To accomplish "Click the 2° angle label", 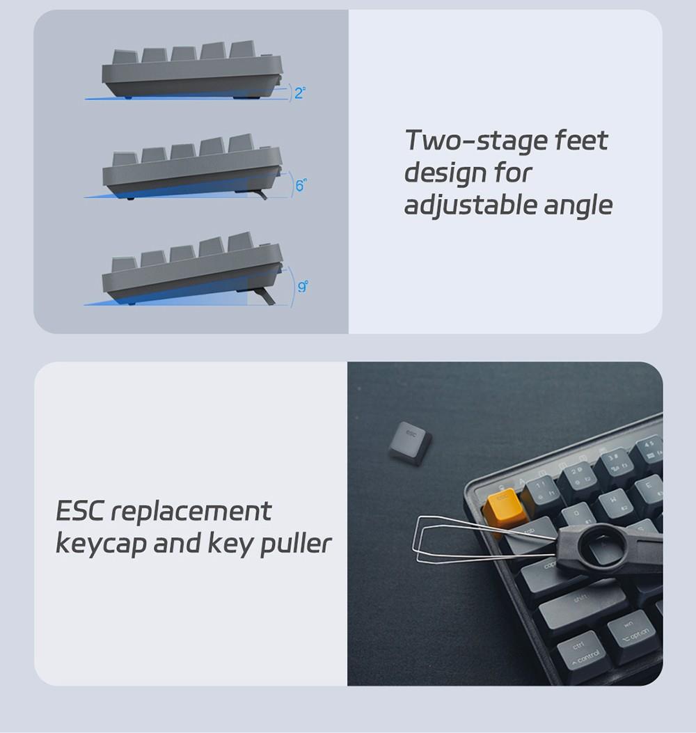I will click(x=299, y=93).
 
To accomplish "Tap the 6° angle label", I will click(x=301, y=185).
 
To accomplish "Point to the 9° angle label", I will click(x=302, y=286).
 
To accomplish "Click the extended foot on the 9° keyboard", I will click(x=265, y=297).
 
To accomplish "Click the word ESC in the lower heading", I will click(x=79, y=511).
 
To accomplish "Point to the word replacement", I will click(x=191, y=512).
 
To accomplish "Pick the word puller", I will click(x=295, y=544).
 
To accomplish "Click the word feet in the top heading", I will click(x=582, y=141).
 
